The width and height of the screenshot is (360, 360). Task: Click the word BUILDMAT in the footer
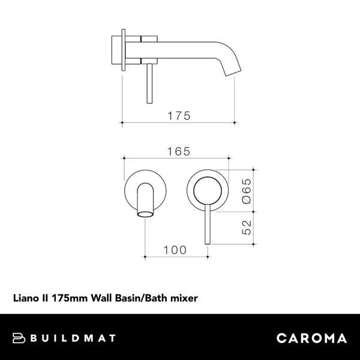pos(74,338)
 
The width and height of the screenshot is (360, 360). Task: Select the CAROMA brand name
pos(311,338)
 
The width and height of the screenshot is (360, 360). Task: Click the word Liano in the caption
pos(26,296)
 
